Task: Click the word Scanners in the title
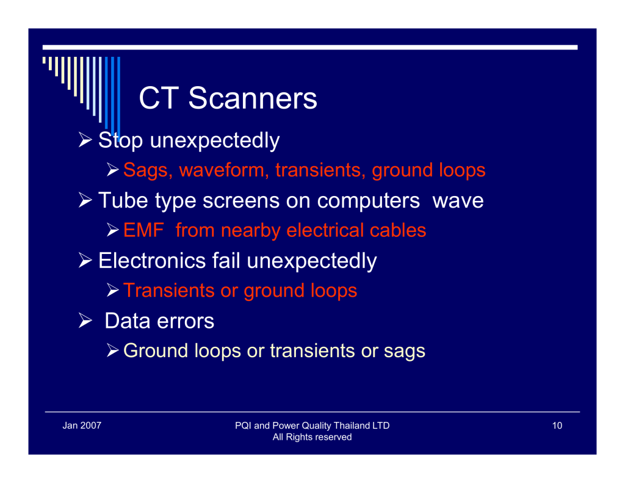(253, 98)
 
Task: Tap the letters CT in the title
(159, 98)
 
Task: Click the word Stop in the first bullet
(120, 141)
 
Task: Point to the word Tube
(123, 200)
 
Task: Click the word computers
(368, 201)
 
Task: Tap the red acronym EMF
(143, 231)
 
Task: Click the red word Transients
(169, 291)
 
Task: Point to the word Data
(128, 321)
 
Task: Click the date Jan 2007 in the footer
(82, 426)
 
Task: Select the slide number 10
(557, 426)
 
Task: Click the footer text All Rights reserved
(312, 437)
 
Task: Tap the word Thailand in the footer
(352, 426)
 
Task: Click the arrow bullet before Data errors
(85, 321)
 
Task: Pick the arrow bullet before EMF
(112, 230)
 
